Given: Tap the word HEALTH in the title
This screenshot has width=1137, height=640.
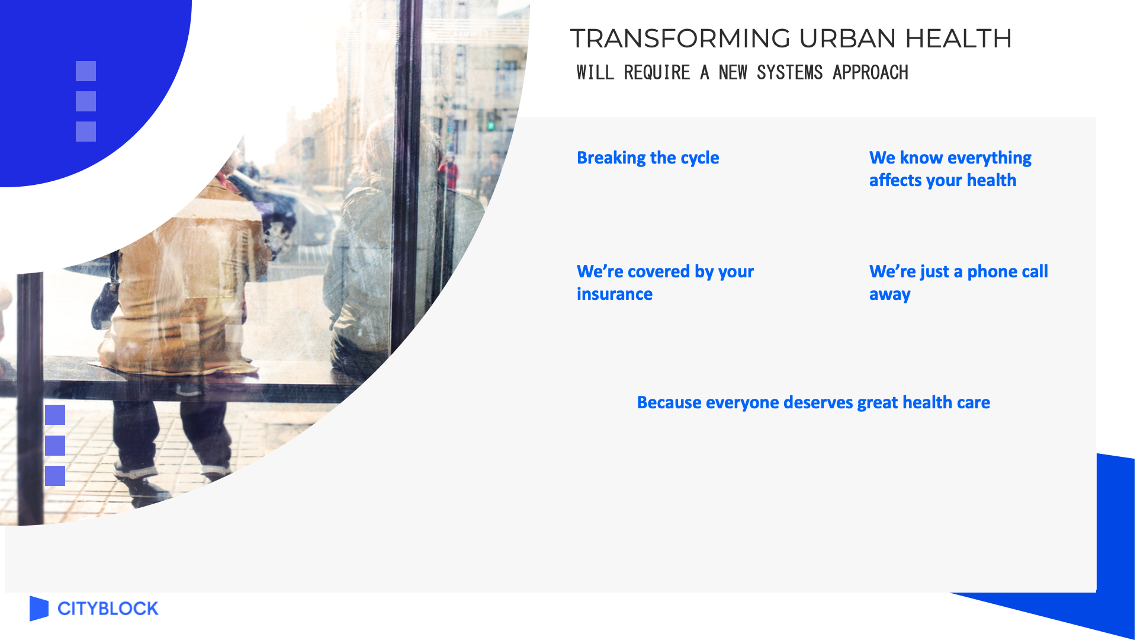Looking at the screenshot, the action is pos(959,39).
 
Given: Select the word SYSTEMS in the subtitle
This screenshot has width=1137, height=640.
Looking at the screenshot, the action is pos(790,72).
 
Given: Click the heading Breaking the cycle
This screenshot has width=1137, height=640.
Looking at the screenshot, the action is pos(648,158).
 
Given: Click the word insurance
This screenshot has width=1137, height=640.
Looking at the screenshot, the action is pos(615,294).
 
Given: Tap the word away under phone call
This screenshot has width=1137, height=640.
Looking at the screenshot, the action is pos(890,295).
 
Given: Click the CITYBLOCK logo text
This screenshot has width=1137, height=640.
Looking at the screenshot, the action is pos(108,609).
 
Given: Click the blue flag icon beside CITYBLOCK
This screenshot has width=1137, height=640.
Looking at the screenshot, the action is pos(38,609).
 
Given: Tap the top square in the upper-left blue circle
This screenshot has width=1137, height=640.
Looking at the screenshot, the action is pos(86,71).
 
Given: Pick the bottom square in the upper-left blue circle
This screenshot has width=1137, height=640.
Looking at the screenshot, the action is pos(86,132).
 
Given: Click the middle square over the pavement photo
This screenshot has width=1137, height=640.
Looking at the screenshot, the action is pos(55,446).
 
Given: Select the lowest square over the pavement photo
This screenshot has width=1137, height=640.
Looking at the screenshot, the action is pos(55,476).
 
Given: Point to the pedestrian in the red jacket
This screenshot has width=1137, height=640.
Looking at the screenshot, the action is pos(449,172).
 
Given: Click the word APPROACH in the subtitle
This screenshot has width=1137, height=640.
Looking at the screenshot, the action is pos(871,72).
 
